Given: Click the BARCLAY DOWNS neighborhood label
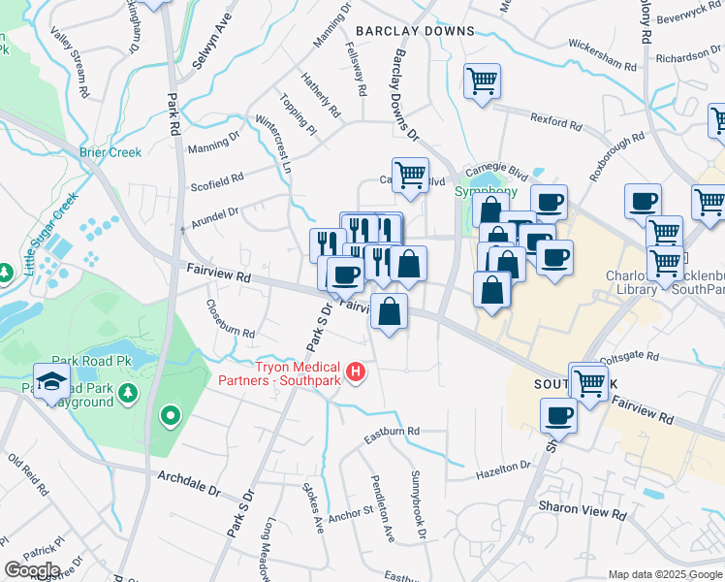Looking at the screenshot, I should [415, 31].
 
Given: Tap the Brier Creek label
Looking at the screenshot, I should [110, 152].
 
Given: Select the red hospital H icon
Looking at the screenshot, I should [356, 371].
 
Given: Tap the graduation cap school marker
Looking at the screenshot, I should [51, 380].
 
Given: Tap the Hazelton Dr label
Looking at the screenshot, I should [503, 471].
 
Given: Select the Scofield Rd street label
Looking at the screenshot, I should [217, 179].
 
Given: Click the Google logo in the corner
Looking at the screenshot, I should [32, 570].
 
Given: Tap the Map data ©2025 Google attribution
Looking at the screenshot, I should [665, 574].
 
